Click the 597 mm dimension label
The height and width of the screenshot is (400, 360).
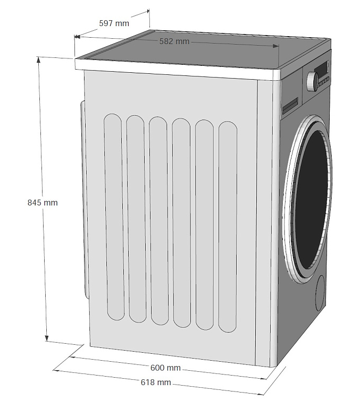coord(114,23)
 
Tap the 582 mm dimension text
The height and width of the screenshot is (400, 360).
coord(174,41)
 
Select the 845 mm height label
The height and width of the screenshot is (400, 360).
coord(43,202)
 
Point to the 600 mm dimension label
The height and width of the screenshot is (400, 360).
coord(165,368)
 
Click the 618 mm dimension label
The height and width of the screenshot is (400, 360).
coord(156,382)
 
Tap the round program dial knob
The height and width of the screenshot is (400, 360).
coord(312,81)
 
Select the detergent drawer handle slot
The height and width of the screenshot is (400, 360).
coord(290,105)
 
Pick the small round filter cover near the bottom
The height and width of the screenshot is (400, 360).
coord(320,293)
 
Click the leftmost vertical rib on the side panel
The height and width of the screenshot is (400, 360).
coord(114,217)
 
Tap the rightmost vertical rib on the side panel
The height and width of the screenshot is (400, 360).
coord(228,226)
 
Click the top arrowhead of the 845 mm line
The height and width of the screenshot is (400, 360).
coord(39,59)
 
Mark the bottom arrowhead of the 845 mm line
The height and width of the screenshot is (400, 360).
coord(46,338)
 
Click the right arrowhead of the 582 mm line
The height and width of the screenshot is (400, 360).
coord(276,46)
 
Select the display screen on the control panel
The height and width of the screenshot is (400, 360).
coord(321,69)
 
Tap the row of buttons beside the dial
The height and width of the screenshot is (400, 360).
coord(324,82)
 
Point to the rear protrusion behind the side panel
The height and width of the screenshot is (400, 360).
coord(85,199)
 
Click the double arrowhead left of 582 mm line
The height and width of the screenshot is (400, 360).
coord(77,37)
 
